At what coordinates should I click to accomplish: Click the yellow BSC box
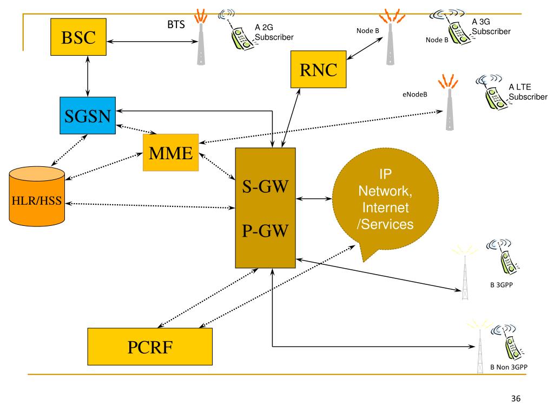click(78, 37)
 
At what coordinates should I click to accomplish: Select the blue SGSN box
click(88, 116)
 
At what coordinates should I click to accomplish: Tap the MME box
click(170, 152)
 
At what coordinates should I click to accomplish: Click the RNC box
click(318, 69)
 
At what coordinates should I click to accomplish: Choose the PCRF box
click(150, 347)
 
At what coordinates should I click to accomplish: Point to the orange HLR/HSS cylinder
click(37, 196)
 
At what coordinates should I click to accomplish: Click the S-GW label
click(265, 186)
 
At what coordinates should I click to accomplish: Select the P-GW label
click(265, 231)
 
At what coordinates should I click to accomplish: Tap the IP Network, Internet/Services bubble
click(385, 200)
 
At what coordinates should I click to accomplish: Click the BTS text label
click(176, 24)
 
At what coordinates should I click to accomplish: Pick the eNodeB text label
click(415, 94)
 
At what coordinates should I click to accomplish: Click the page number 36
click(516, 398)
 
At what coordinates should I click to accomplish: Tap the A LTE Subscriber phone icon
click(493, 93)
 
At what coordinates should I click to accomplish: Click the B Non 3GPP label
click(509, 367)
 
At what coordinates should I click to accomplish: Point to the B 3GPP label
click(502, 285)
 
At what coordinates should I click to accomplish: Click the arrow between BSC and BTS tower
click(152, 41)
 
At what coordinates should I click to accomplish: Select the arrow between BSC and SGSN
click(88, 76)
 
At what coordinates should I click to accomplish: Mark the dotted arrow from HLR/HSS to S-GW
click(150, 205)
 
